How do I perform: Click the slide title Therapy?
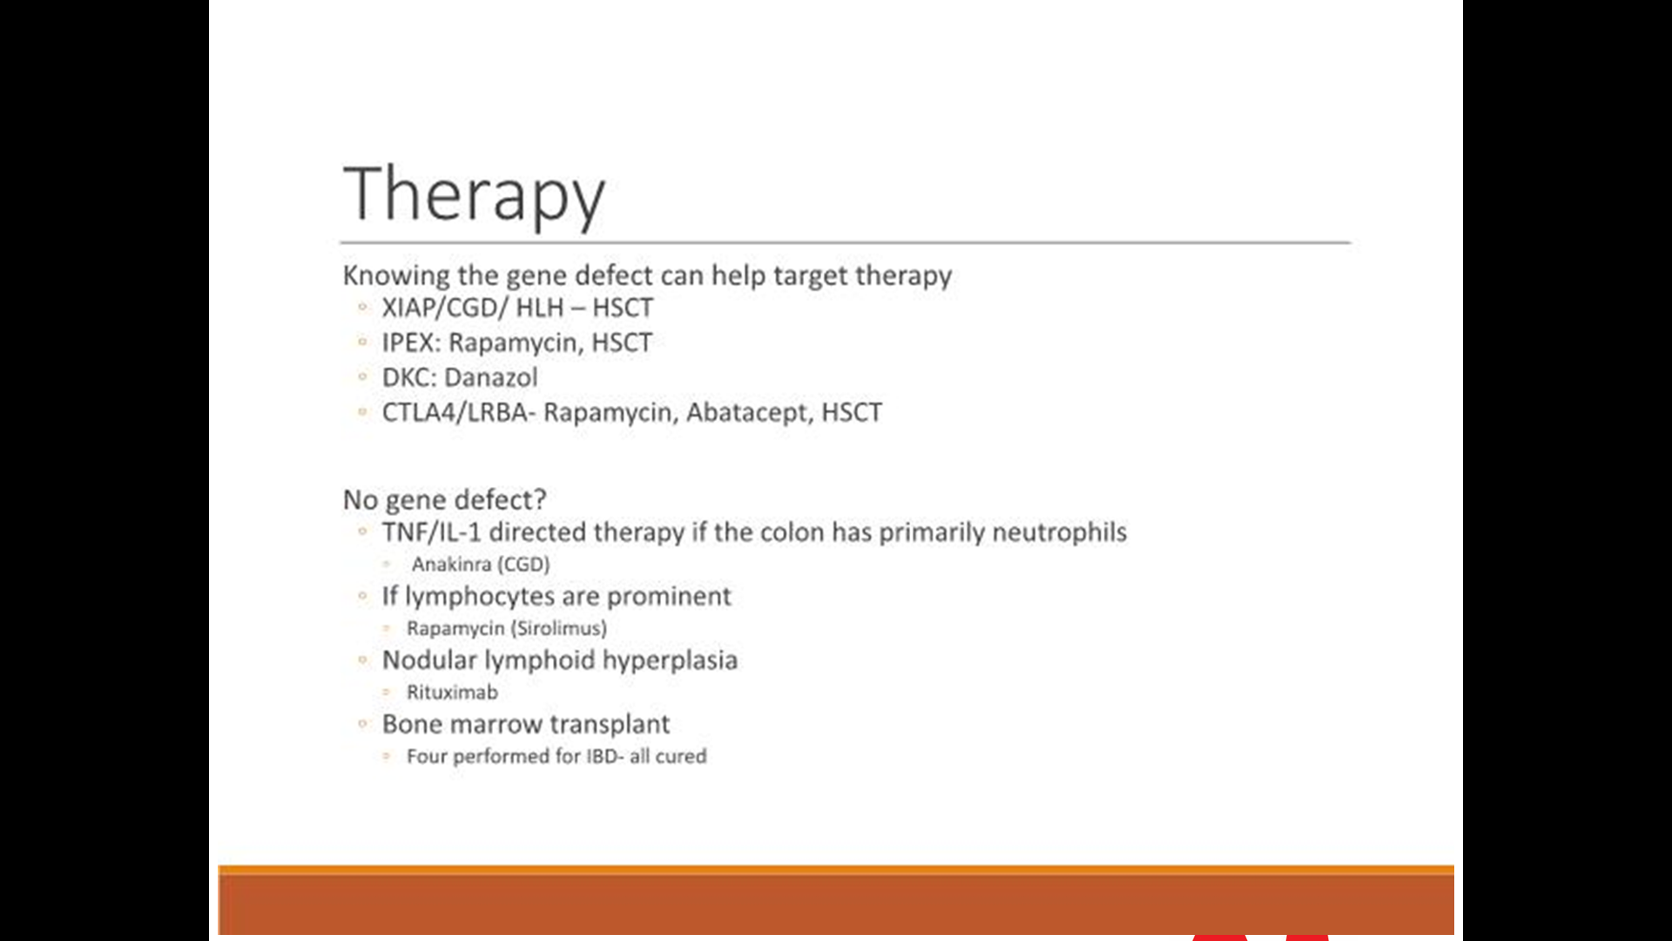coord(475,195)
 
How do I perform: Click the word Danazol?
coord(491,377)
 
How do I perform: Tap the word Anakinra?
coord(452,565)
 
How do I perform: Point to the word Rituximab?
coord(452,692)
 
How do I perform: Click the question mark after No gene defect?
coord(541,499)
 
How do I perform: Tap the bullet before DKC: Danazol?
coord(362,376)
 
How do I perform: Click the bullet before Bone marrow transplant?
coord(362,723)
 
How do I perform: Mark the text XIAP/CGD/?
coord(445,308)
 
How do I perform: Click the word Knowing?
coord(396,275)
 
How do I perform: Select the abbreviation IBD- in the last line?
coord(605,756)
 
